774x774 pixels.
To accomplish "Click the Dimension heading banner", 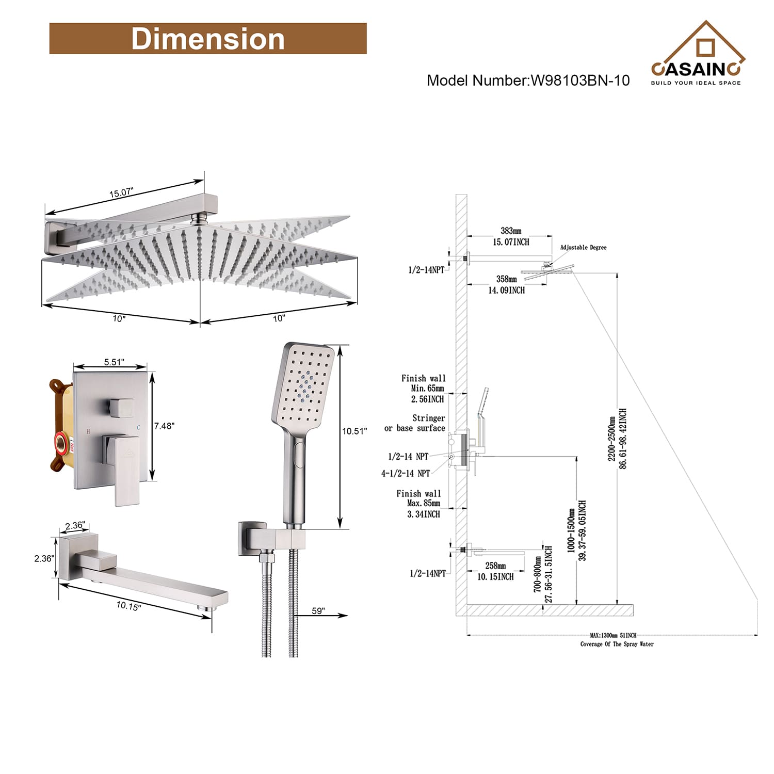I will (x=207, y=39).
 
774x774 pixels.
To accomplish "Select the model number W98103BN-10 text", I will (x=528, y=80).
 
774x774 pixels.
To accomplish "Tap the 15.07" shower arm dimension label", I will (x=121, y=193).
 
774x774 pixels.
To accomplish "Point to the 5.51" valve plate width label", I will (x=114, y=362).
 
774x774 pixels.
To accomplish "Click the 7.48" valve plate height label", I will (x=165, y=426).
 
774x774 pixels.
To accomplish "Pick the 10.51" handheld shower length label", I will (x=354, y=431).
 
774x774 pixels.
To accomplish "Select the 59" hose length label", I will (x=318, y=611).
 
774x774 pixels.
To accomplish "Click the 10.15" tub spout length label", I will (x=128, y=606).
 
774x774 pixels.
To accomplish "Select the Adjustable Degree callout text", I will (x=583, y=248).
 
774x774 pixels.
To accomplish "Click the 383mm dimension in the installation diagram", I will (x=510, y=231).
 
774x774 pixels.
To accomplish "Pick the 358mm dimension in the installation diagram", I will (x=506, y=279).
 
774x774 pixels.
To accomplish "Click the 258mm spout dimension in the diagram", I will (x=495, y=566).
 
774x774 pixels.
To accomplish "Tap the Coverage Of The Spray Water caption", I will (x=617, y=644).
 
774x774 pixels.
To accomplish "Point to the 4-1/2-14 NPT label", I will (x=406, y=474).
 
